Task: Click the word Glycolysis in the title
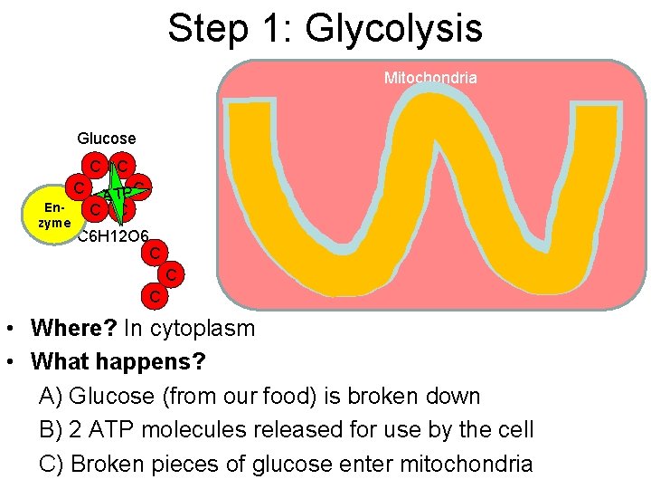pyautogui.click(x=394, y=29)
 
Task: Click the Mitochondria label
pyautogui.click(x=430, y=78)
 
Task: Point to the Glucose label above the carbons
pyautogui.click(x=107, y=139)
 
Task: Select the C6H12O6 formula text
pyautogui.click(x=113, y=238)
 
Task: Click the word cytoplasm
pyautogui.click(x=203, y=328)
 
